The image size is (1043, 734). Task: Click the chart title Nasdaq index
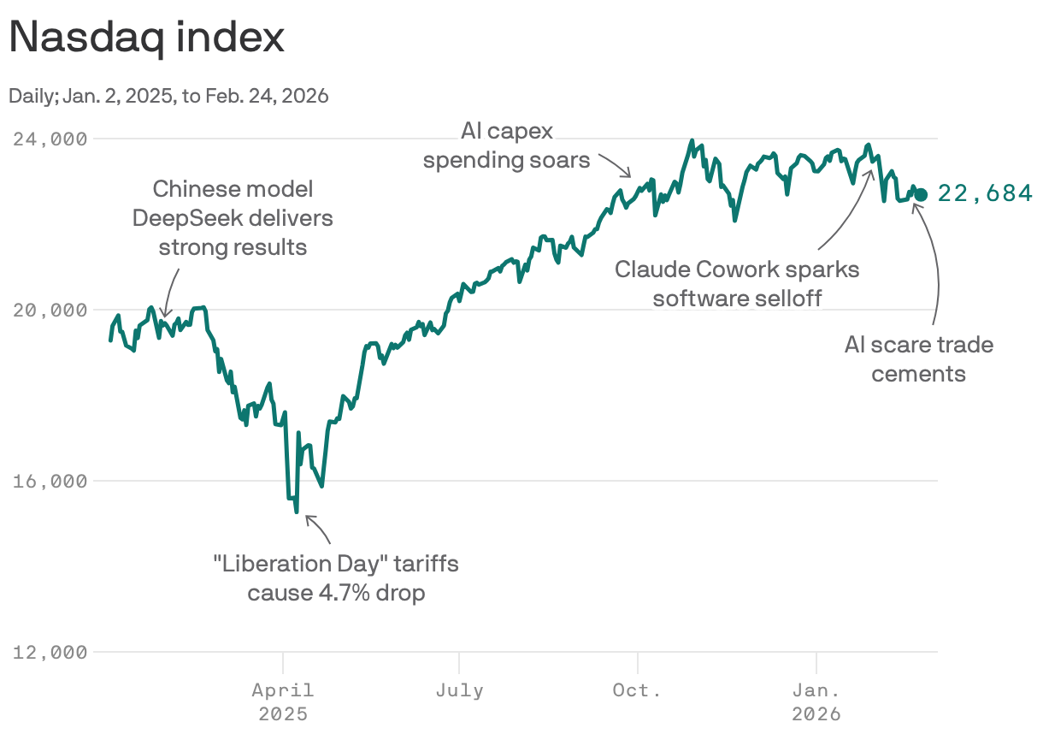[x=146, y=38]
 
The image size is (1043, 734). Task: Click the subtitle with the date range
[x=168, y=96]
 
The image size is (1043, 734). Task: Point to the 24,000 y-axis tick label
[x=50, y=139]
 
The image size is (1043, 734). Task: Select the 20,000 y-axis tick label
[x=50, y=310]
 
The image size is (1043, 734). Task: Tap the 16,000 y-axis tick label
[x=50, y=481]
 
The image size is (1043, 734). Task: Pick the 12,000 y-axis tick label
[x=50, y=652]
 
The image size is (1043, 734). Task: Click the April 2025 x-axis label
[x=283, y=701]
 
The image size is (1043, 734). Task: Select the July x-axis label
[x=459, y=690]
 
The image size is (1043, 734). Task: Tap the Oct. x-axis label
[x=637, y=690]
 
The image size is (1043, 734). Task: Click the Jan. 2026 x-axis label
[x=816, y=701]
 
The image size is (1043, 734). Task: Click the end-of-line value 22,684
[x=985, y=194]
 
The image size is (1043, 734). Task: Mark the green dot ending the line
[x=920, y=195]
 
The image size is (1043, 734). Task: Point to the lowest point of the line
[x=296, y=512]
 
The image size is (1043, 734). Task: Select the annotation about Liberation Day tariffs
[x=335, y=578]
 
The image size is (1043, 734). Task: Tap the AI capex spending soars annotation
[x=507, y=145]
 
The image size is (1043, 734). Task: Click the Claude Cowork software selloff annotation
[x=737, y=283]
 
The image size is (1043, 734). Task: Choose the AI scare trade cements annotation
[x=918, y=358]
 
